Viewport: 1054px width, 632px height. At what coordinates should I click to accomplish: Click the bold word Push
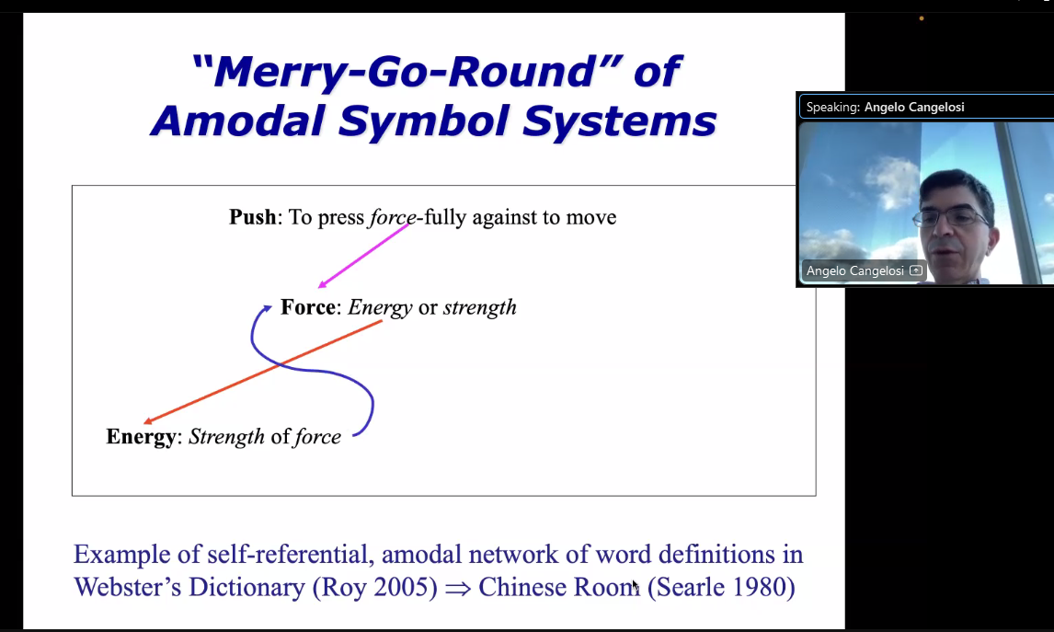[253, 217]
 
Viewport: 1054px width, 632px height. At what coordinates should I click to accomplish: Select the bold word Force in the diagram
[308, 307]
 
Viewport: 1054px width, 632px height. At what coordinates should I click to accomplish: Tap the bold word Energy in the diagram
[141, 437]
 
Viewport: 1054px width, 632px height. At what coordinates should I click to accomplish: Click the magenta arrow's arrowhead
[322, 284]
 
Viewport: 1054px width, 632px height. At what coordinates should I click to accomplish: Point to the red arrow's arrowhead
[148, 421]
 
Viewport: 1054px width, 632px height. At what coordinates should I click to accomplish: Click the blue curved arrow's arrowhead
[267, 308]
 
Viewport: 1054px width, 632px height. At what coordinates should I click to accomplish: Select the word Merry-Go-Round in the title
[405, 71]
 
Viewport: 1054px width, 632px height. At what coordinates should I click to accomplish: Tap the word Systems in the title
[619, 121]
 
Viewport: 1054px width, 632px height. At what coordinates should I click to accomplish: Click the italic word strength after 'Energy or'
[480, 307]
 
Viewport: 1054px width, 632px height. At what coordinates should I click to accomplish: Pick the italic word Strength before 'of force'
[226, 437]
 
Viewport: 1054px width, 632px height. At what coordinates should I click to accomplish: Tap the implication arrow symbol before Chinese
[458, 588]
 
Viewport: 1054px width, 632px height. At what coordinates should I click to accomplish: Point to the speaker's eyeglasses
[950, 217]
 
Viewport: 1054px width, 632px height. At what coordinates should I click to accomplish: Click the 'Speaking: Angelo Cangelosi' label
[886, 107]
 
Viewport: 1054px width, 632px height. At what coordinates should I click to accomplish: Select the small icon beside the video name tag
[915, 270]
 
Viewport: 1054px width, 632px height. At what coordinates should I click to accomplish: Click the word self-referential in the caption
[291, 555]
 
